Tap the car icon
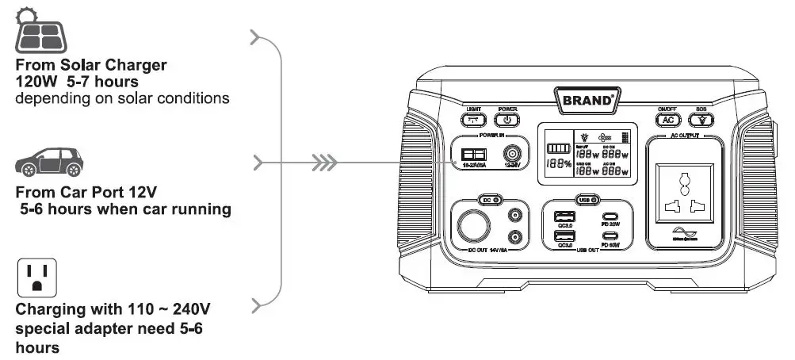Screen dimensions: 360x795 [49, 163]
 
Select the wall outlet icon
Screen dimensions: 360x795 [36, 277]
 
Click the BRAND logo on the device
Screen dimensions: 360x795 [588, 101]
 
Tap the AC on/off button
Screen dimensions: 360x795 [667, 120]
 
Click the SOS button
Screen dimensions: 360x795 [701, 120]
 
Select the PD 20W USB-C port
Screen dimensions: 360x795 [612, 217]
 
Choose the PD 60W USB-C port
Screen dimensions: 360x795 [612, 236]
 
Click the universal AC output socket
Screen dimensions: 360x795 [684, 194]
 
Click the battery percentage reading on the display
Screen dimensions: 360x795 [559, 164]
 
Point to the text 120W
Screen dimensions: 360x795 [34, 81]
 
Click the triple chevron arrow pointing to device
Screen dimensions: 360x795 [324, 164]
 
